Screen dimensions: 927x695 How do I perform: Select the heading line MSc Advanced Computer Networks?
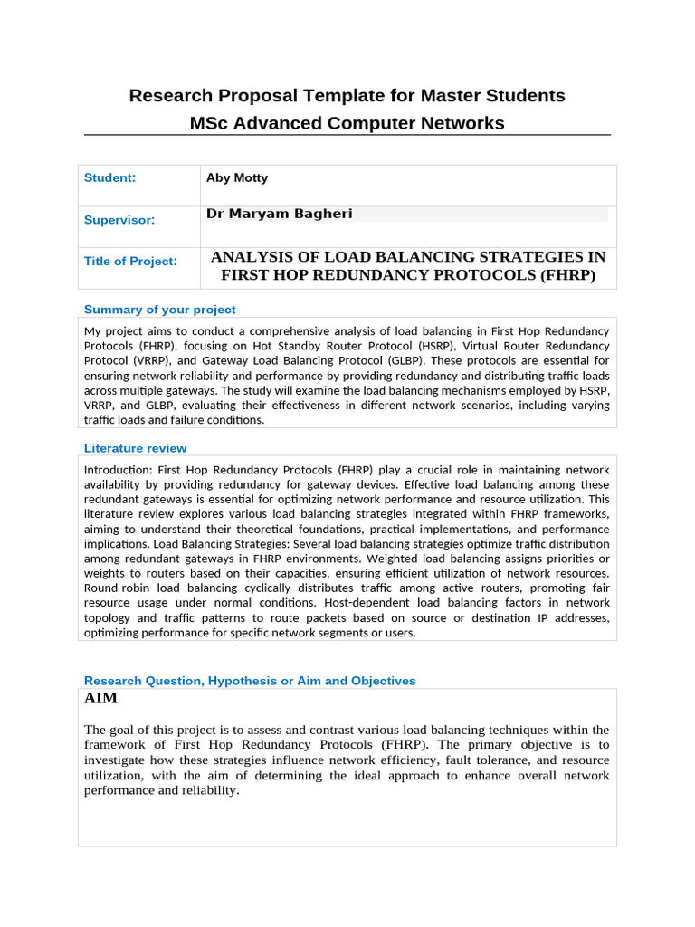coord(347,123)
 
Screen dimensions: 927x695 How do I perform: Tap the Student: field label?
coord(109,178)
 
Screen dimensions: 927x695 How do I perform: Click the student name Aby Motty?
coord(237,178)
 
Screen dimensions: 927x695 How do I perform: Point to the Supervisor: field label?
coord(119,220)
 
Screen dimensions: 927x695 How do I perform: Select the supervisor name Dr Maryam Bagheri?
coord(279,214)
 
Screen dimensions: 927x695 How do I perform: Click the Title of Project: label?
coord(130,262)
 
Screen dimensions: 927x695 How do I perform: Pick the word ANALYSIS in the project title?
coord(251,257)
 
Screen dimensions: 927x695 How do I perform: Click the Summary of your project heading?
coord(159,310)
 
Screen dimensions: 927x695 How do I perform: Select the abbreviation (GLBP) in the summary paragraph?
coord(359,360)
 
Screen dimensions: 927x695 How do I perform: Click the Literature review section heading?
coord(135,448)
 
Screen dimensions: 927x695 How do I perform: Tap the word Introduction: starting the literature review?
coord(118,470)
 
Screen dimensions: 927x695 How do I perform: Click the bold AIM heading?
coord(100,699)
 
